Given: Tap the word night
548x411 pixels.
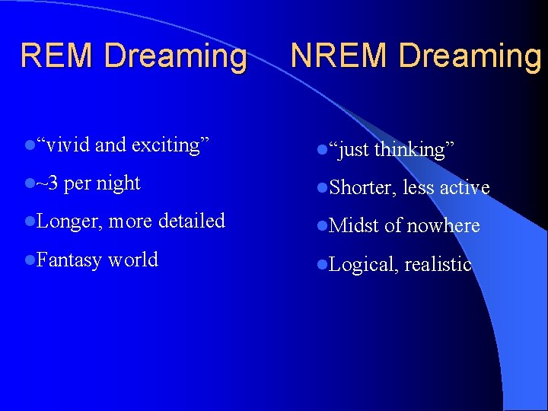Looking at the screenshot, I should [119, 183].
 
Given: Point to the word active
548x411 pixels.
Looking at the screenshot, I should [464, 187].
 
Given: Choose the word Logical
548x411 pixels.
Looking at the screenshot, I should [363, 264].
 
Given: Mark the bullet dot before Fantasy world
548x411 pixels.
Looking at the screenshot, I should [29, 260].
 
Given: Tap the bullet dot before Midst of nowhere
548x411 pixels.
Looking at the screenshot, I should [322, 225].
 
